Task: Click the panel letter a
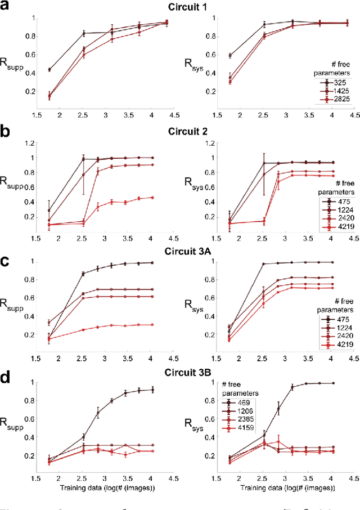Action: (x=6, y=8)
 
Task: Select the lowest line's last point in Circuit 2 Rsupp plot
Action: (x=153, y=198)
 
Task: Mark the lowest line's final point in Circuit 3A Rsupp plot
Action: (x=153, y=325)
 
